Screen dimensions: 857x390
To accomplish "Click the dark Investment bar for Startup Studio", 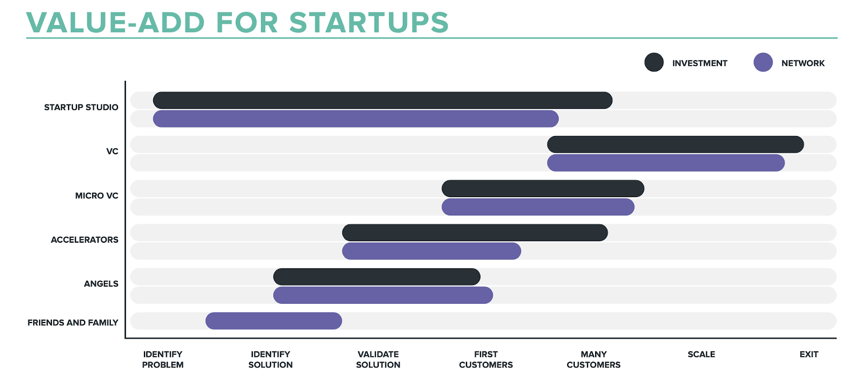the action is (382, 100).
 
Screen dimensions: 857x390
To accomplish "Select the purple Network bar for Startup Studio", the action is (356, 118).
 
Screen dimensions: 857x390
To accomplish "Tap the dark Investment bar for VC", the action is (675, 144).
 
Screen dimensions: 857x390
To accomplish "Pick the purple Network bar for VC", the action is (666, 163).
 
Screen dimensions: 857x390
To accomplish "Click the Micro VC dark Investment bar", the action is (543, 188).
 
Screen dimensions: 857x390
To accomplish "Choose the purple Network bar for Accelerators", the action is (432, 251).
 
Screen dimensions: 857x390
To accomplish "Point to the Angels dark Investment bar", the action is (377, 277).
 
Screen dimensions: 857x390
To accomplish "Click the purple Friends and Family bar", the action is (274, 321).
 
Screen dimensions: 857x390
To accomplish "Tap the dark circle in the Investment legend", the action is (654, 62).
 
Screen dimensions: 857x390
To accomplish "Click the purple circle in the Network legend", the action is (763, 62).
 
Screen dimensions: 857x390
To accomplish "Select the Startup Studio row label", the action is (81, 107).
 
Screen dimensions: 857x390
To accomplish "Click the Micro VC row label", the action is (97, 196).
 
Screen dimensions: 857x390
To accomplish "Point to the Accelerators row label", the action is (85, 239).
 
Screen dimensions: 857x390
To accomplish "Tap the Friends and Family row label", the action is (73, 322).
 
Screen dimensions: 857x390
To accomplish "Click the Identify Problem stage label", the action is (163, 359).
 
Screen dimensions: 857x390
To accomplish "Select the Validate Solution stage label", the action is (378, 359).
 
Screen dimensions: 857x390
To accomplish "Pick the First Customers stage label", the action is (486, 359).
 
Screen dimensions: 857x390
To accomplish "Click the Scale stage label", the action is (701, 355).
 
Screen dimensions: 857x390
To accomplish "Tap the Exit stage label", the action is (809, 355).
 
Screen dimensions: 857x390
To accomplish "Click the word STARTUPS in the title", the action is (369, 22).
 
